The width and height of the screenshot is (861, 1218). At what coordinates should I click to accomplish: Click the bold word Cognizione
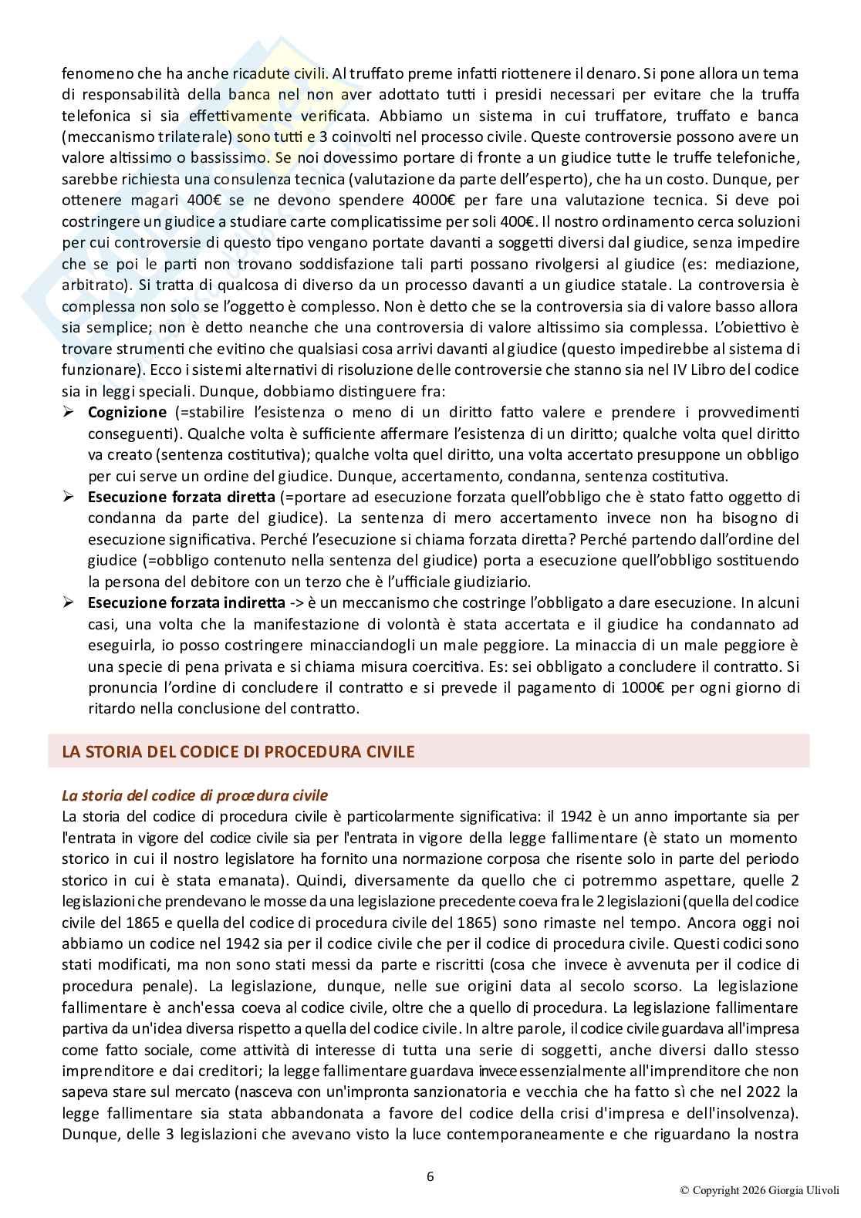(x=127, y=412)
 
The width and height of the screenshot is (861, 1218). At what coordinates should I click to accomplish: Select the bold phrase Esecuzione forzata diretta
(x=181, y=496)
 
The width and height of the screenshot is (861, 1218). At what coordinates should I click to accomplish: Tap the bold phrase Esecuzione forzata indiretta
(x=186, y=602)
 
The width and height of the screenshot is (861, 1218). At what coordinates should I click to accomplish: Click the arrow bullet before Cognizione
(x=68, y=412)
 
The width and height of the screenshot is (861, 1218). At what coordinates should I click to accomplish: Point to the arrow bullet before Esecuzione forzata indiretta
(x=68, y=602)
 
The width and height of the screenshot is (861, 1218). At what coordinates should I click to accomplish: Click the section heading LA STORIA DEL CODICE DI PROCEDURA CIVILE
(x=238, y=751)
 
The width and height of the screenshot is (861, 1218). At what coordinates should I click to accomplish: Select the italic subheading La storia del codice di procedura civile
(x=194, y=795)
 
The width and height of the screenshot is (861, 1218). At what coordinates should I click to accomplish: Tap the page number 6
(x=430, y=1176)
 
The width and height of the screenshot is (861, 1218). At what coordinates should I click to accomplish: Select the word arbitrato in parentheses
(x=89, y=285)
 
